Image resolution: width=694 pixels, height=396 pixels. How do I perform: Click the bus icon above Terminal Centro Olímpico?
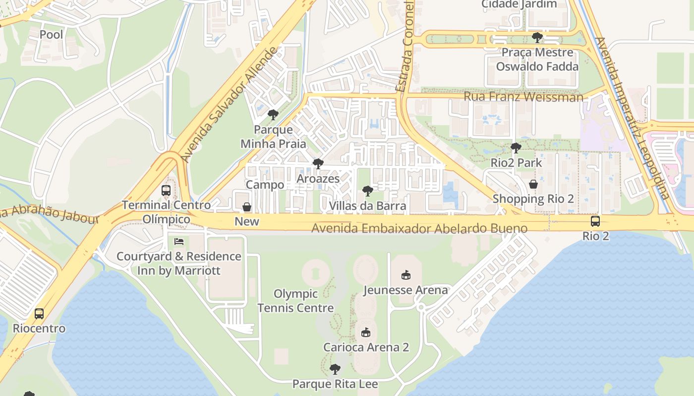(166, 191)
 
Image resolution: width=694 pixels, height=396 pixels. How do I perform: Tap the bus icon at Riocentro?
(39, 314)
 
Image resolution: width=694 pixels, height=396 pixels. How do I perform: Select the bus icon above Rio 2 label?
(595, 221)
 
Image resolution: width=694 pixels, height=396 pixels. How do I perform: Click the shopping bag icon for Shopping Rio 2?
(533, 184)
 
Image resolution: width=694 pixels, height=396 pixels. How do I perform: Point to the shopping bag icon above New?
(246, 207)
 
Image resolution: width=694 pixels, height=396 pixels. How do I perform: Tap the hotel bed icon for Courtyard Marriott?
(179, 242)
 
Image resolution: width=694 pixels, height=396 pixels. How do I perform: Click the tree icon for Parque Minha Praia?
(273, 115)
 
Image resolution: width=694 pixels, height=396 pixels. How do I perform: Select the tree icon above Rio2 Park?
(516, 148)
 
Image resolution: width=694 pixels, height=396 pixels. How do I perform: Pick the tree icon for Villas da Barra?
(367, 191)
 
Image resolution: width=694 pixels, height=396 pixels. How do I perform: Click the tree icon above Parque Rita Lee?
(335, 369)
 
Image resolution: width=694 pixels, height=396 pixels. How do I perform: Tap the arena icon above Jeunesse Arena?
(406, 275)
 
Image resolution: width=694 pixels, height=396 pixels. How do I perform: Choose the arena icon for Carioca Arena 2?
(366, 332)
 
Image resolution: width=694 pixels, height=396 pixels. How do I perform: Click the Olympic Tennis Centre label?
(295, 301)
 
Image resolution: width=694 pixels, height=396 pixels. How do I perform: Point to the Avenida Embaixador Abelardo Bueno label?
(419, 228)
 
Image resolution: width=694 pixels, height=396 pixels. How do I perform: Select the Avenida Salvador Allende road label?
(229, 105)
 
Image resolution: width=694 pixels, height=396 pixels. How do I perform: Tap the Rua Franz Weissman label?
(523, 97)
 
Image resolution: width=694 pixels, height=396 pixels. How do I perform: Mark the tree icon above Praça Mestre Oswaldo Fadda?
(537, 38)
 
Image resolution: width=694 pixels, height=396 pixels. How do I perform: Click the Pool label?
(52, 35)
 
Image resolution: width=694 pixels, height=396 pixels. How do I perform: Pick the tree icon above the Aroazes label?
(318, 164)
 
